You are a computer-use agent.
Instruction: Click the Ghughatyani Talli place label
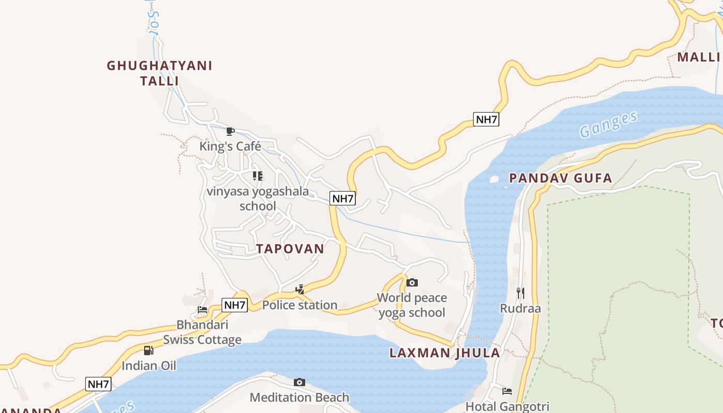click(160, 73)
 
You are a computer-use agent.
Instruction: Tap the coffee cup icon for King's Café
click(230, 131)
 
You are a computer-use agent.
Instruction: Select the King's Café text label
click(230, 147)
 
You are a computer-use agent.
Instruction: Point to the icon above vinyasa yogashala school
click(258, 176)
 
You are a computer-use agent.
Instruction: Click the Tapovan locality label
click(290, 249)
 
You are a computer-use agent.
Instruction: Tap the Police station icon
click(300, 289)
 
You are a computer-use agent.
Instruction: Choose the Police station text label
click(300, 305)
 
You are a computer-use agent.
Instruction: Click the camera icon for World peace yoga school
click(412, 282)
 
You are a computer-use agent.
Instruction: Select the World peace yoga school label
click(412, 305)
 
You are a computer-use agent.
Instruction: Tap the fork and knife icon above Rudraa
click(521, 293)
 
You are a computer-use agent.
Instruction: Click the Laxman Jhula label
click(445, 353)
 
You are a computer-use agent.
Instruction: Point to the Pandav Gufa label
click(560, 179)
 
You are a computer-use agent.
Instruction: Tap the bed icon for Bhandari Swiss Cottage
click(202, 310)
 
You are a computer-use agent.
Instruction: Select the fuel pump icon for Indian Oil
click(149, 351)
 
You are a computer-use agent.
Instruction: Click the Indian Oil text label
click(149, 366)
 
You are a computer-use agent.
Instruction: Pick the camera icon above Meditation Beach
click(300, 382)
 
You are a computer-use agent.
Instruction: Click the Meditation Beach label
click(300, 398)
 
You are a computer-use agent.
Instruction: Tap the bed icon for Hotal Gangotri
click(507, 391)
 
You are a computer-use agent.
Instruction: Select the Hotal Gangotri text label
click(507, 406)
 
